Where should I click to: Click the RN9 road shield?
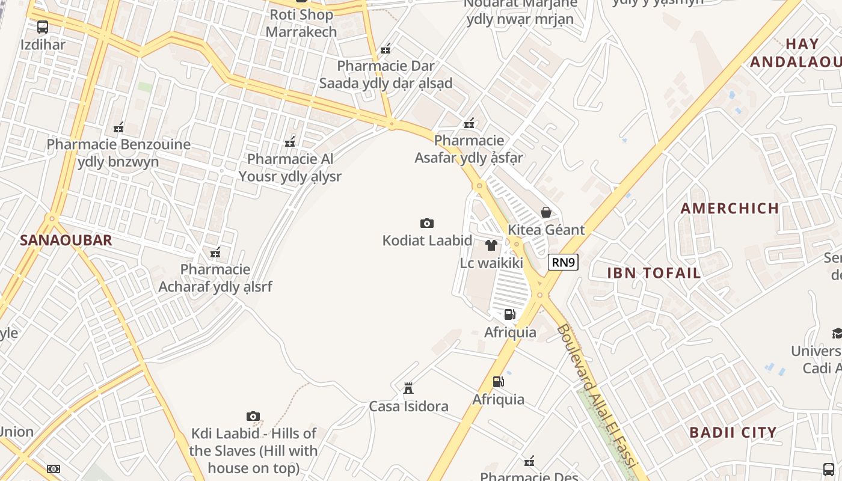click(563, 262)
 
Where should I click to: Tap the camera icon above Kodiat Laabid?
click(427, 224)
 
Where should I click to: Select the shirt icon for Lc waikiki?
click(491, 245)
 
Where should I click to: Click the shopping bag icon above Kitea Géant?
click(546, 212)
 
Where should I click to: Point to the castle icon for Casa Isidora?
click(408, 388)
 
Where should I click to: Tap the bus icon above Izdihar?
click(43, 27)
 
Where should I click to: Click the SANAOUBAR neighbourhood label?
click(66, 240)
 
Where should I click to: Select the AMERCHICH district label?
click(730, 209)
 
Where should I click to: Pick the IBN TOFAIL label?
click(654, 273)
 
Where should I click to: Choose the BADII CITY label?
click(733, 432)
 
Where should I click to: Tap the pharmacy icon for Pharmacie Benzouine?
click(118, 127)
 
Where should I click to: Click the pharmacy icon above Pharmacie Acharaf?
click(215, 253)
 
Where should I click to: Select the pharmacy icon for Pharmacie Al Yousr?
click(290, 142)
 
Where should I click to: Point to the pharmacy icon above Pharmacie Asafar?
click(469, 123)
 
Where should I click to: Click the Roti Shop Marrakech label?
click(301, 23)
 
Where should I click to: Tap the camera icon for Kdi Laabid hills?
click(253, 416)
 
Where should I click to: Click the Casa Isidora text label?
click(408, 406)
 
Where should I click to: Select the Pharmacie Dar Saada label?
click(386, 74)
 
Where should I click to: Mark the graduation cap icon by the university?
click(837, 333)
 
